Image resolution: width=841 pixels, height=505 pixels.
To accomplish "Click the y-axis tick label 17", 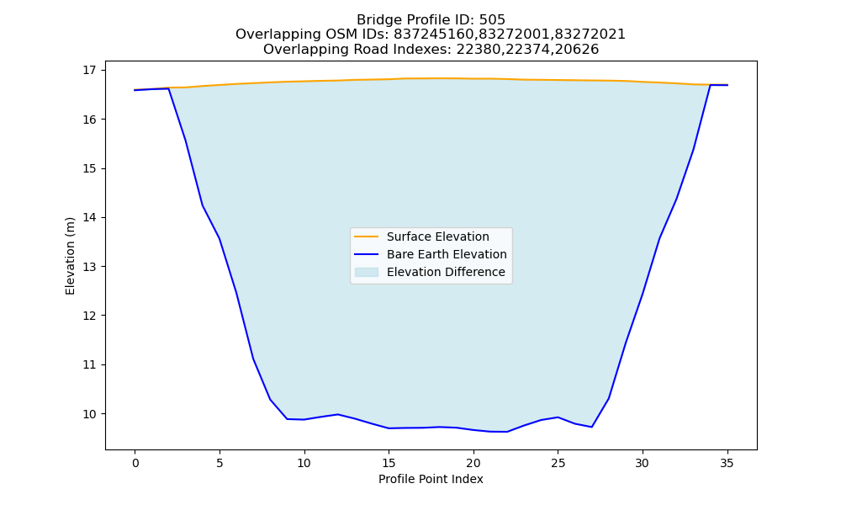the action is pos(90,71).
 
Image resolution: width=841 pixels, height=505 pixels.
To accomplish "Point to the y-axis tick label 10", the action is pos(90,414).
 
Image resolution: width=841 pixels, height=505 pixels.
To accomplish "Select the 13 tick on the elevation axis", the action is pos(90,267).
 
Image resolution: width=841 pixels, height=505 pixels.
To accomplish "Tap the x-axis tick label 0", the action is pos(135,463).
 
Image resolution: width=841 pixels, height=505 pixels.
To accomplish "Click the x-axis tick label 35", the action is pos(727,463).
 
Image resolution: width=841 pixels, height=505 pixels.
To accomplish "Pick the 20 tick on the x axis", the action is pos(473,463).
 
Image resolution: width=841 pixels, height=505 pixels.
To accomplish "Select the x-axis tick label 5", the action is pos(220,463).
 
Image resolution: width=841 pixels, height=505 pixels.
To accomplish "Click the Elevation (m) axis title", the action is pos(70,256).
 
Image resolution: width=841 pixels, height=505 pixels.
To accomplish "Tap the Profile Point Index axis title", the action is pos(431,479).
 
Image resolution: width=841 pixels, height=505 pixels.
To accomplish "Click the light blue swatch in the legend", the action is pos(367,272).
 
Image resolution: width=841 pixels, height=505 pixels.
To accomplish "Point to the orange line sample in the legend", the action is pos(367,237).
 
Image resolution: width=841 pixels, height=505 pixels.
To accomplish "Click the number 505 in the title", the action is pos(492,20).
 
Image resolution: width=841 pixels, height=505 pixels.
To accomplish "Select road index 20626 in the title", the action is pos(577,50).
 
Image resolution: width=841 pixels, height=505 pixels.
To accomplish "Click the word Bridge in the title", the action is pos(374,20).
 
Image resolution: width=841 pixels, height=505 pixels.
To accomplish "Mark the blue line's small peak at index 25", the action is pos(558,417).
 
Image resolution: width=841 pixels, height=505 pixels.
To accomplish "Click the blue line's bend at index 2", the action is pos(169,88).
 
